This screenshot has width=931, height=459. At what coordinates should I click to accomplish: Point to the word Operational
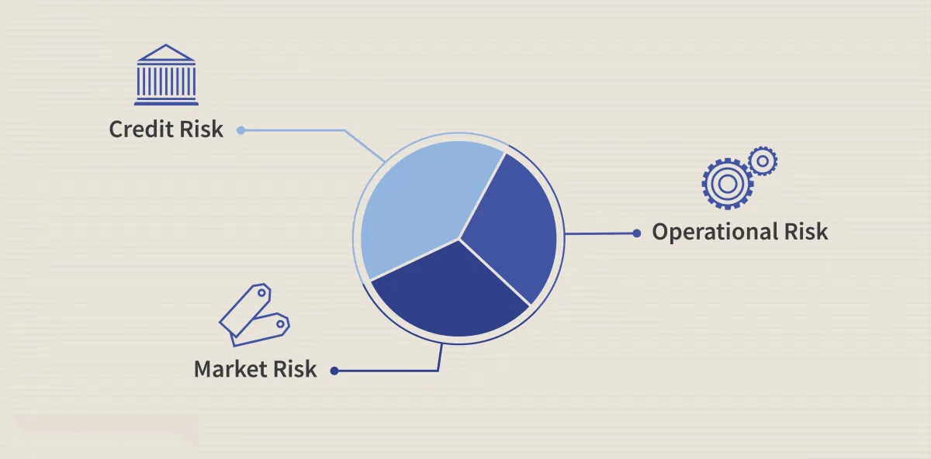click(x=715, y=232)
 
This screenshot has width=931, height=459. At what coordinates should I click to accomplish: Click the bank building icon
click(x=166, y=74)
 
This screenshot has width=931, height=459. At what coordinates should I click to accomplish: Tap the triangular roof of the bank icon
click(x=166, y=53)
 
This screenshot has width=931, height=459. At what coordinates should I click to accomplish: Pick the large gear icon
click(x=728, y=184)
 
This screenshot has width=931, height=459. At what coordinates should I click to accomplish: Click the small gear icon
click(x=763, y=160)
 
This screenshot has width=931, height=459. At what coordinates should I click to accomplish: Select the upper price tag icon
click(x=246, y=309)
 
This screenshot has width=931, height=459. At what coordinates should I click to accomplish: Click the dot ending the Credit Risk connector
click(x=241, y=130)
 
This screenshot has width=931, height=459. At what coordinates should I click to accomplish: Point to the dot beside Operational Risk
click(x=636, y=233)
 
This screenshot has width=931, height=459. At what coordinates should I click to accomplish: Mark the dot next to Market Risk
click(x=334, y=371)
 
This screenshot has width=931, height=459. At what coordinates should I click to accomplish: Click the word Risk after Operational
click(x=806, y=232)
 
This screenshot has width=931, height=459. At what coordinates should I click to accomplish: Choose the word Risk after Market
click(x=295, y=369)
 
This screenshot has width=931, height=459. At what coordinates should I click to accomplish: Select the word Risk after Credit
click(x=202, y=129)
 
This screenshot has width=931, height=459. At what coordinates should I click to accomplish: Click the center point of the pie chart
click(x=459, y=239)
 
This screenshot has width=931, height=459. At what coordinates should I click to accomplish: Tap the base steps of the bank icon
click(x=166, y=101)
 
